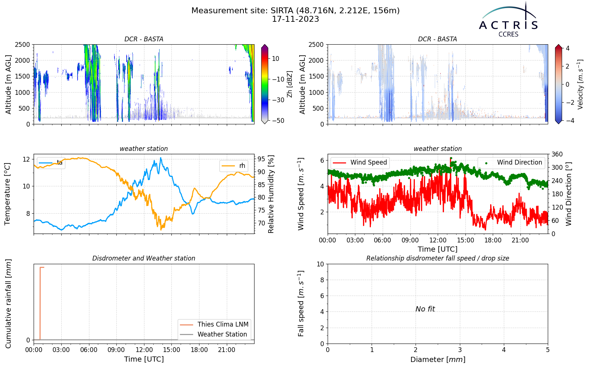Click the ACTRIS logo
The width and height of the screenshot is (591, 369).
[x=508, y=20]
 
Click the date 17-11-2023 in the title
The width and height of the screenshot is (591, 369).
[x=295, y=19]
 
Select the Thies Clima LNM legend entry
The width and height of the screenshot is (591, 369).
[x=214, y=324]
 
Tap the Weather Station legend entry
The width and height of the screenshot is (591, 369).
[x=213, y=334]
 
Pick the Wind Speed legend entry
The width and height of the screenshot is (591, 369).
[x=360, y=162]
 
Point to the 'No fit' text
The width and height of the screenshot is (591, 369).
[x=425, y=309]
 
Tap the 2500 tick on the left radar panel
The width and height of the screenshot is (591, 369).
[x=23, y=45]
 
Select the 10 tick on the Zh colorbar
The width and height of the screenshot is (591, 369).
[x=276, y=59]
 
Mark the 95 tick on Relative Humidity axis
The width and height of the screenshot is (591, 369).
[x=261, y=159]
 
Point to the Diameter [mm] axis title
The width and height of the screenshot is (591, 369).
[x=438, y=359]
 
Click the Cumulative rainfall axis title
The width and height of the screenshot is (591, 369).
[x=8, y=304]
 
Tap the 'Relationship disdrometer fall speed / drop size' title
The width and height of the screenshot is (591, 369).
[x=438, y=258]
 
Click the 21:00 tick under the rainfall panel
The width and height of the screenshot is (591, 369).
[x=227, y=350]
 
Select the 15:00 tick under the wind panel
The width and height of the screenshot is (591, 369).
[x=465, y=240]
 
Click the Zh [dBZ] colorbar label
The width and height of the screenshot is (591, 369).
[x=290, y=84]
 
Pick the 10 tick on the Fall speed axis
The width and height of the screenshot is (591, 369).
[x=320, y=264]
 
